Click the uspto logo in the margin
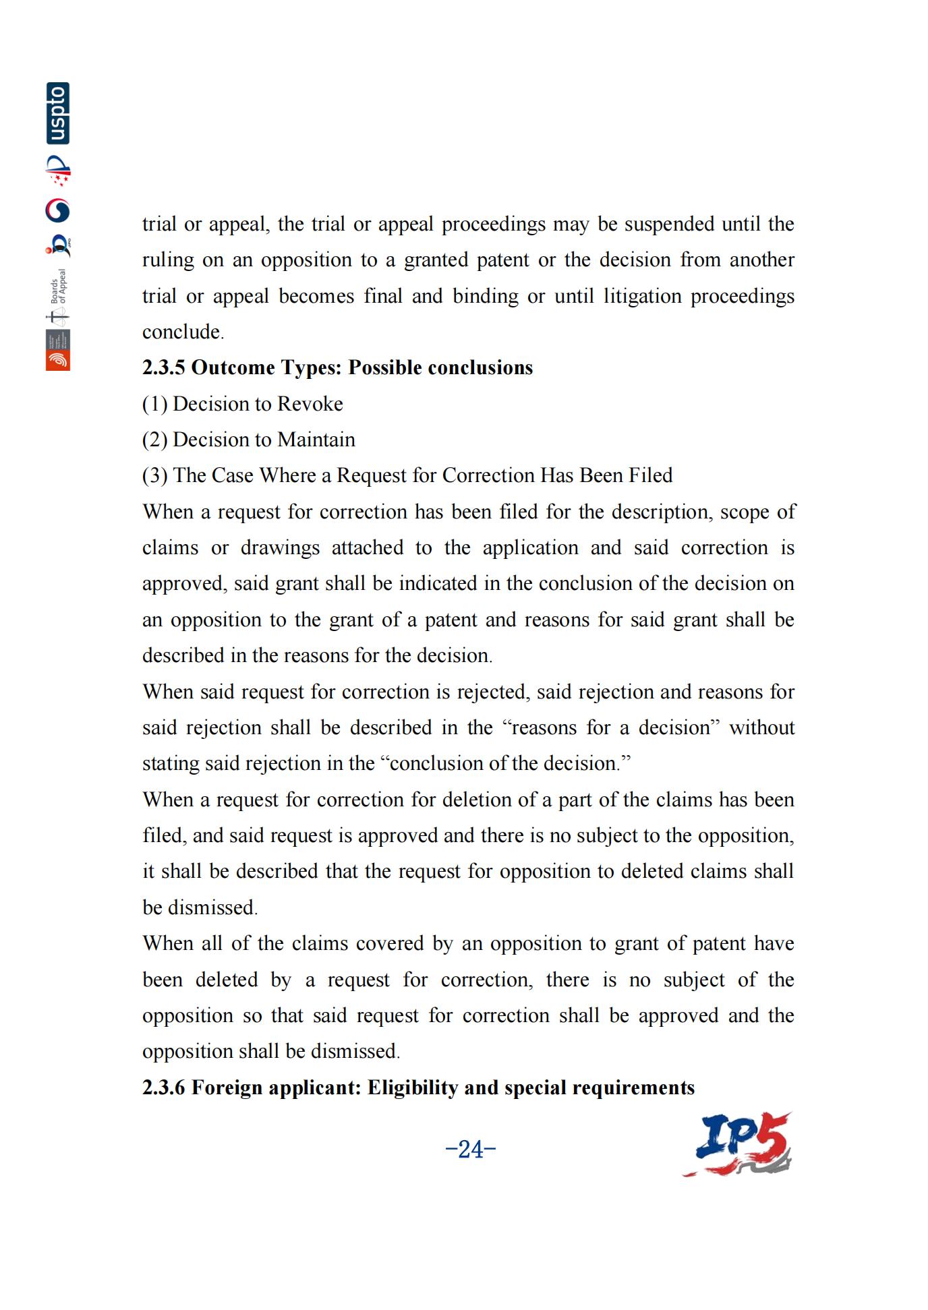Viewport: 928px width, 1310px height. pos(58,113)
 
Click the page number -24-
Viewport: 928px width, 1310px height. pos(471,1149)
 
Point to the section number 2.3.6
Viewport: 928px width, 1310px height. pos(163,1088)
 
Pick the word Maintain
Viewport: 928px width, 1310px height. pos(316,440)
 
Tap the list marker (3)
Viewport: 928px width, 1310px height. pos(154,475)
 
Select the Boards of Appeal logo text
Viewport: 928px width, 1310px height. pos(60,287)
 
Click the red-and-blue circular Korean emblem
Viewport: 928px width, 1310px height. pos(58,211)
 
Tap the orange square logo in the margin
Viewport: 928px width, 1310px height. pos(58,360)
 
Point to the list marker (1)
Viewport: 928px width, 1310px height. pos(154,404)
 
